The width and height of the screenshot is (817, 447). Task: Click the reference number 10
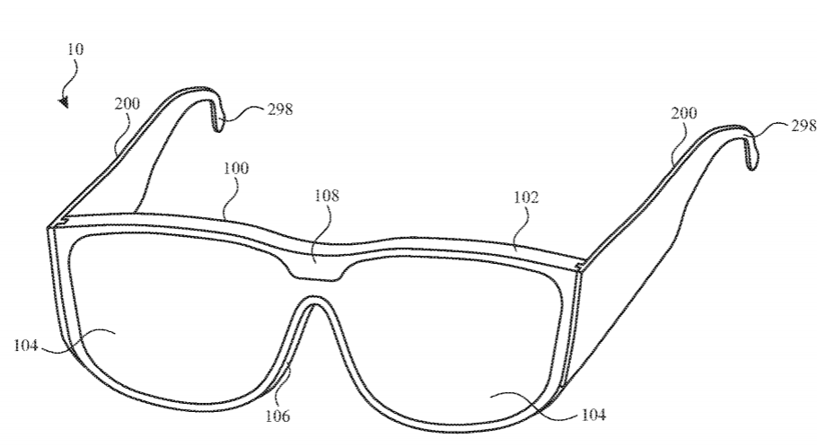click(75, 49)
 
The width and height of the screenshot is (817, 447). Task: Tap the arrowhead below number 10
click(64, 101)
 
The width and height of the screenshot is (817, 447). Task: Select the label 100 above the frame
click(236, 168)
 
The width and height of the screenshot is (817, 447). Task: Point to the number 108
click(327, 196)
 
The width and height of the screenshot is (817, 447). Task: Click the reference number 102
click(526, 197)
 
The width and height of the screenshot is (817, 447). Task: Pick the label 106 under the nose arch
click(277, 416)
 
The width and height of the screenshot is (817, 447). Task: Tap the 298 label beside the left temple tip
click(280, 110)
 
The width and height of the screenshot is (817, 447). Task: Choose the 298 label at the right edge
click(804, 126)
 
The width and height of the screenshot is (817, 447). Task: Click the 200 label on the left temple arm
click(127, 104)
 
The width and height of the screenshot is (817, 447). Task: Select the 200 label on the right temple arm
click(683, 113)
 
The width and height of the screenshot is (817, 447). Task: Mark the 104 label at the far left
click(25, 345)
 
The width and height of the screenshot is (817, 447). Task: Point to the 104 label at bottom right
click(593, 415)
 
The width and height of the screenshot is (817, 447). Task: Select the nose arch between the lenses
click(313, 300)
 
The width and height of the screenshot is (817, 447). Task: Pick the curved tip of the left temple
click(217, 118)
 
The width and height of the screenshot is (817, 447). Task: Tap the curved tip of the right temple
click(751, 153)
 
